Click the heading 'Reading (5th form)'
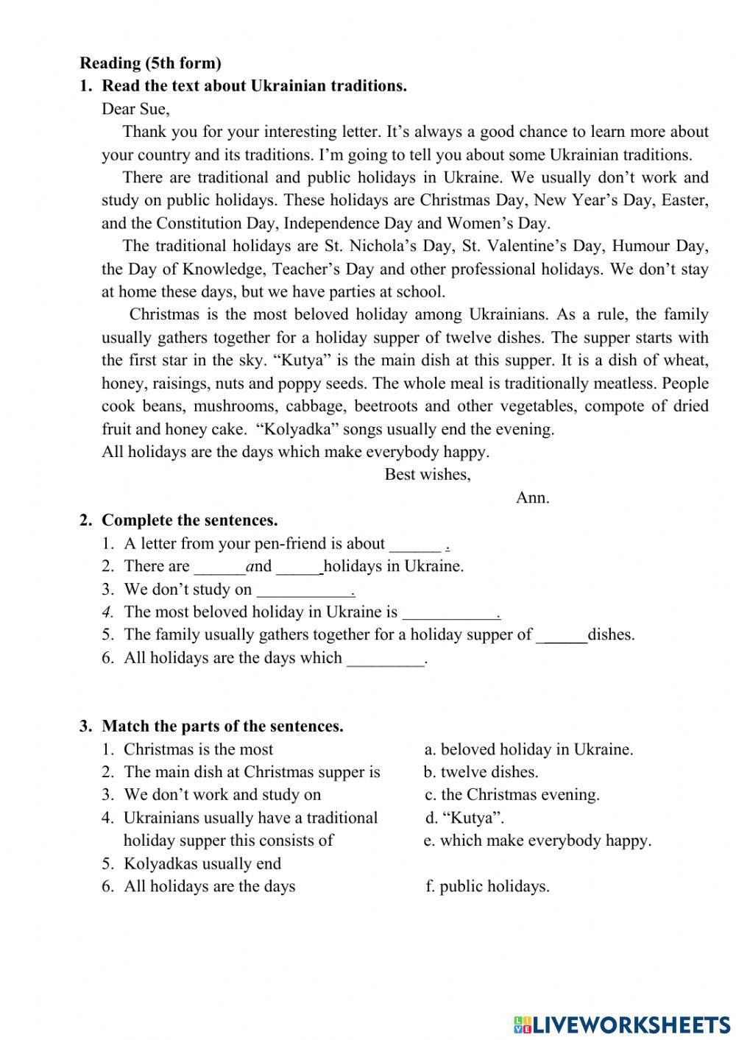(x=150, y=63)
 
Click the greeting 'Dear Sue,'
(x=135, y=109)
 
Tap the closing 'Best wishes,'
(x=428, y=474)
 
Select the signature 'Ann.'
(x=532, y=497)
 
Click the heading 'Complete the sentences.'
(x=189, y=520)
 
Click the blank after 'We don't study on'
(x=304, y=590)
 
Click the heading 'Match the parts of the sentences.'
(x=222, y=726)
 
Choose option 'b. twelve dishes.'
(x=481, y=771)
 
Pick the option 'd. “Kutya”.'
(x=464, y=817)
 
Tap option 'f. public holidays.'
(x=487, y=886)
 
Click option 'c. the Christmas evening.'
(x=512, y=794)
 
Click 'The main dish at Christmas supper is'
(x=252, y=771)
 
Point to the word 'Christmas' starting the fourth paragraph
(x=164, y=314)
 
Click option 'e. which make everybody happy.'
(x=537, y=840)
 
